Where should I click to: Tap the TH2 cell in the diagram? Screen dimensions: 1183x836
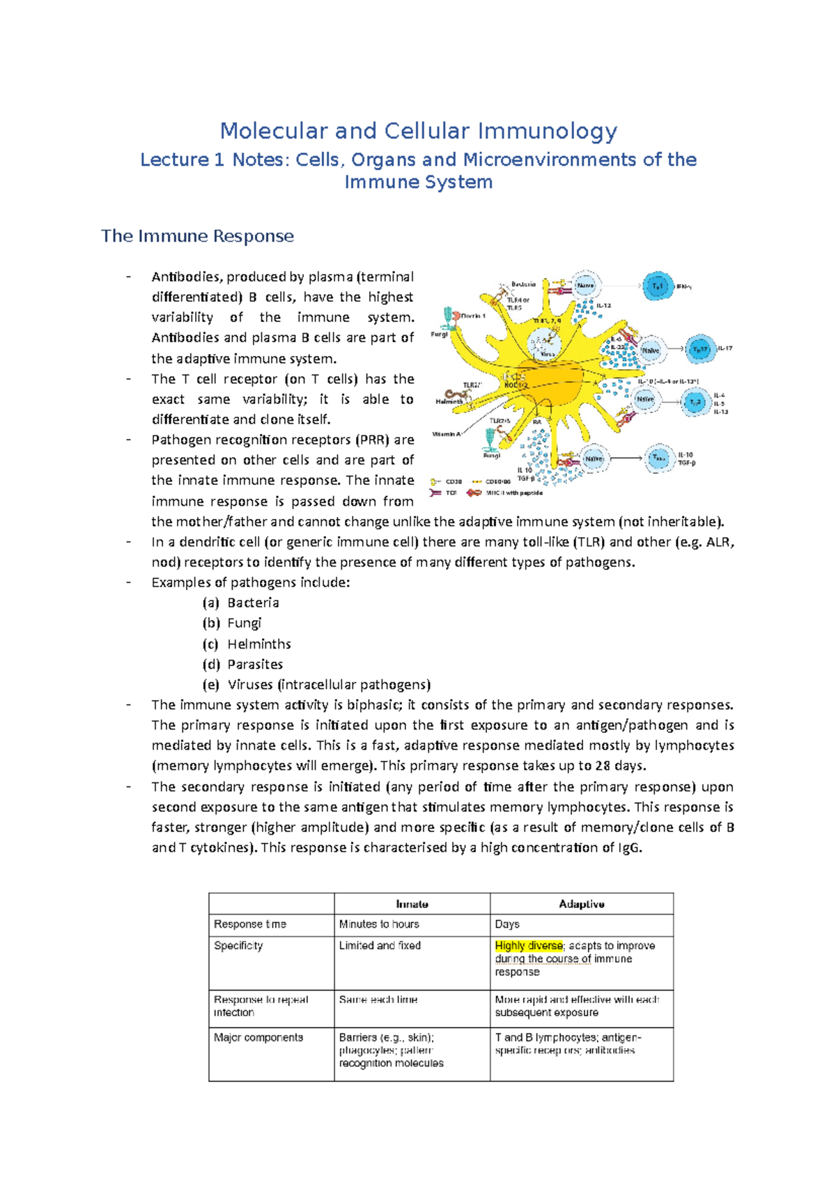(695, 403)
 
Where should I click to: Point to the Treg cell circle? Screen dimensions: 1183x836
(658, 458)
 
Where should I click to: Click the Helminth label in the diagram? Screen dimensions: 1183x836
(449, 402)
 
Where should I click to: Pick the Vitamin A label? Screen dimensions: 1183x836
(447, 434)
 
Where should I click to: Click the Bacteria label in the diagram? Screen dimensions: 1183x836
(523, 284)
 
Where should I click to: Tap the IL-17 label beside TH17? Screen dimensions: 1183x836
(725, 348)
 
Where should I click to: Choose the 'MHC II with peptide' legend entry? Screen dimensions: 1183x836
(513, 493)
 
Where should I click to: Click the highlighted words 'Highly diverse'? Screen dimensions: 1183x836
(528, 945)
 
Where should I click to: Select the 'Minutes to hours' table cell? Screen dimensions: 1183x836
(379, 924)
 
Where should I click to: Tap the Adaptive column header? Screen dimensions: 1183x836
(581, 904)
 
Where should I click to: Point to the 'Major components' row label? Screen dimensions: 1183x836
(258, 1037)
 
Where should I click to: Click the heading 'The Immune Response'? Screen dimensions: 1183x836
(197, 236)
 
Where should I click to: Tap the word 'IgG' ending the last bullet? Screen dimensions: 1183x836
(629, 848)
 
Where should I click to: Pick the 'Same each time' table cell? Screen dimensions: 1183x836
(378, 999)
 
